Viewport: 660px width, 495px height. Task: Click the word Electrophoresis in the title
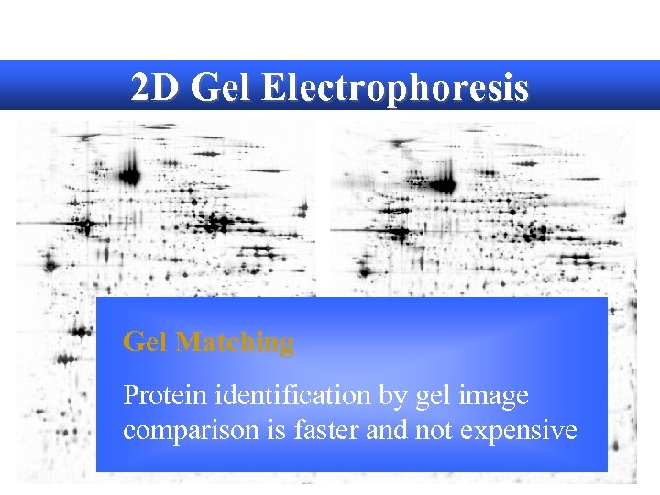395,88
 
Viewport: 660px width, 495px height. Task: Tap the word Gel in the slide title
215,88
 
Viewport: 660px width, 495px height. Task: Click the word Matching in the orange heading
235,343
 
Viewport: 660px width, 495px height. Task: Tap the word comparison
182,430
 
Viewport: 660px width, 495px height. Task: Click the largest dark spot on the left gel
129,172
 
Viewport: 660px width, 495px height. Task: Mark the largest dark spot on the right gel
446,184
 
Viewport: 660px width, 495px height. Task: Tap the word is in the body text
258,430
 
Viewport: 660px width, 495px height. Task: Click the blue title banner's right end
642,85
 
